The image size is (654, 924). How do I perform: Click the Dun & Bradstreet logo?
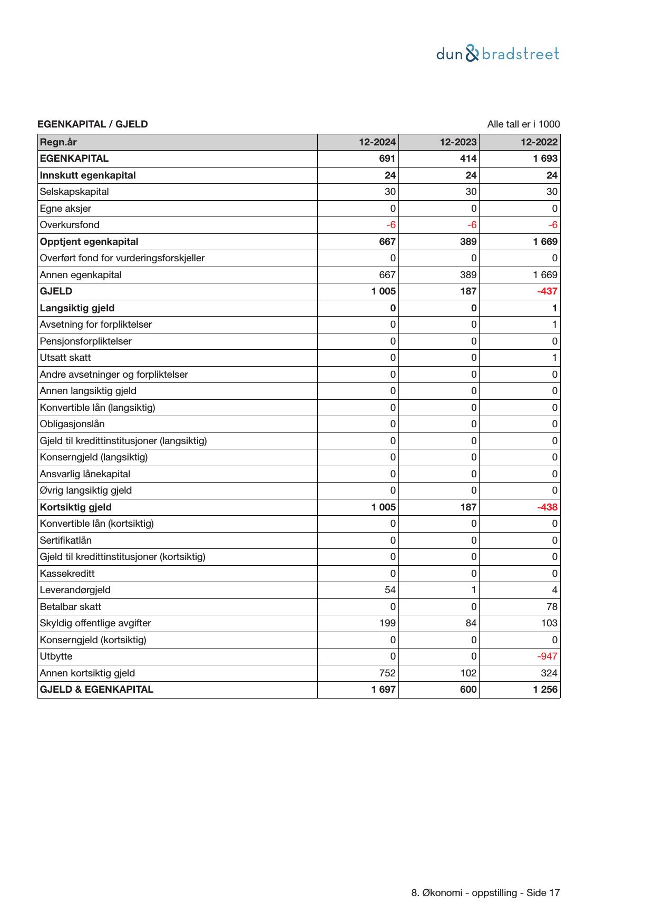click(497, 54)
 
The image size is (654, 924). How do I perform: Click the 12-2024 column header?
click(377, 142)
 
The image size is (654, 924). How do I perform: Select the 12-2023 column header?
click(458, 142)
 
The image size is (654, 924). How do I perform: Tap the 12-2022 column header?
click(539, 142)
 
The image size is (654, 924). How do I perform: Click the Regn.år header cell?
click(58, 142)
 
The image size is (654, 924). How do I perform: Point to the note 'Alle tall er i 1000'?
click(523, 124)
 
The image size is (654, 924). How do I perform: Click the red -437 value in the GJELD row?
click(547, 291)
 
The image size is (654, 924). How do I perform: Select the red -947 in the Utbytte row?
click(547, 656)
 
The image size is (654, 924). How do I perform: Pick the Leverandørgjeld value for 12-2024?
click(390, 590)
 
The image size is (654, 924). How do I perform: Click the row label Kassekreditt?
click(67, 574)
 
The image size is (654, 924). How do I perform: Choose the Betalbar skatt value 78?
click(552, 607)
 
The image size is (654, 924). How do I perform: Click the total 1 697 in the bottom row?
click(383, 690)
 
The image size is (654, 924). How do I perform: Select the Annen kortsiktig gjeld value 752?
click(387, 673)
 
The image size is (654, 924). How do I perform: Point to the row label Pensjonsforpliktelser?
click(85, 341)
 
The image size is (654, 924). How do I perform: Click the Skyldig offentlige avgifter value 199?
click(387, 623)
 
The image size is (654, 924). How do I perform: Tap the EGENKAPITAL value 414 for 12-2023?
click(468, 159)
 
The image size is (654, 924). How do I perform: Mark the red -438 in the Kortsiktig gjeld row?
click(547, 507)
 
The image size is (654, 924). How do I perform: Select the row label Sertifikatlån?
click(65, 540)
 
